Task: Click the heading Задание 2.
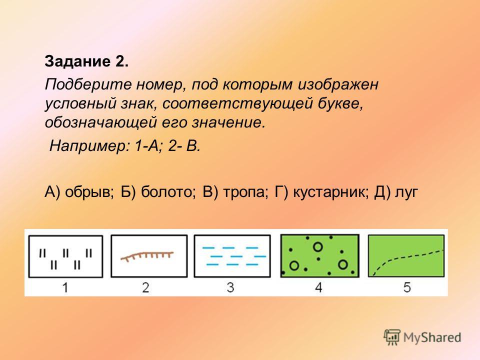click(x=86, y=61)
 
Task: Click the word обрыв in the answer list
click(x=89, y=192)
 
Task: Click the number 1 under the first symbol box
click(x=65, y=288)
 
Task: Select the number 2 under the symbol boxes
click(x=145, y=288)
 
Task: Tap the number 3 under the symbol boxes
click(x=230, y=287)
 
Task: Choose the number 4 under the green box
click(x=318, y=287)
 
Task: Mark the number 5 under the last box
click(x=407, y=287)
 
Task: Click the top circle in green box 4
click(x=318, y=246)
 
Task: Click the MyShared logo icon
click(x=392, y=337)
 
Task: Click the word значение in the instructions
click(x=228, y=123)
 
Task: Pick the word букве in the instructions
click(x=340, y=103)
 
